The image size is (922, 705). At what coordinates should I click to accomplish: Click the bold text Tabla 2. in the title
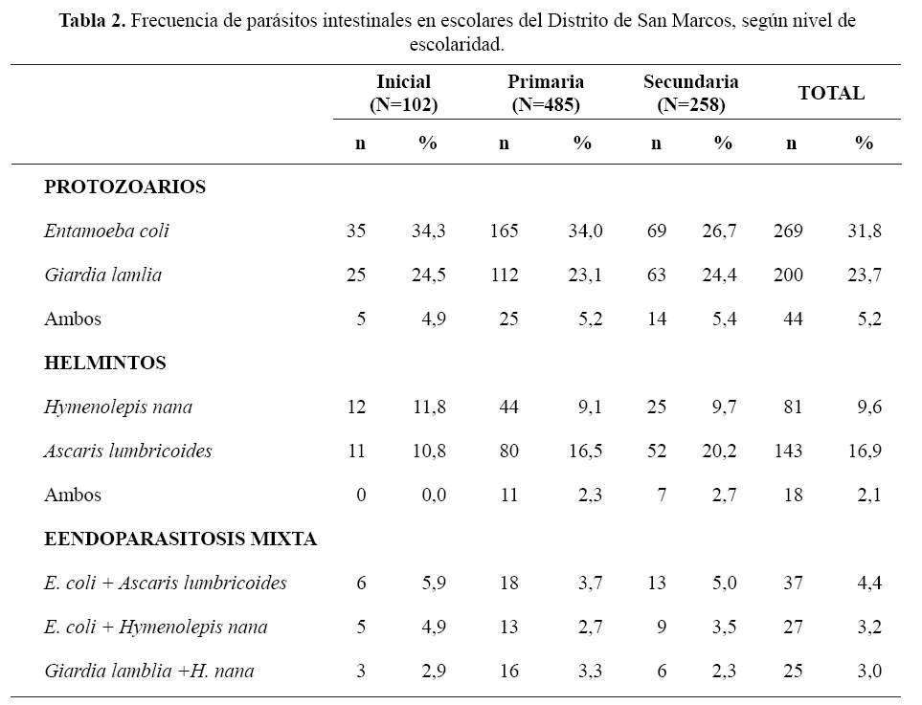click(x=93, y=21)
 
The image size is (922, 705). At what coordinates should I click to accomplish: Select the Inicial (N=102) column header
click(x=403, y=93)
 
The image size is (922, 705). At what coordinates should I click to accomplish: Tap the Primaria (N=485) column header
click(x=546, y=93)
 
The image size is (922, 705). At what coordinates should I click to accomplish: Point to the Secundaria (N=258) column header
click(x=691, y=93)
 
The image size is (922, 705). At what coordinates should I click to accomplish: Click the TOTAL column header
click(x=831, y=93)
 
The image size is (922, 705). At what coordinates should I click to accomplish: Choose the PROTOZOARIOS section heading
click(x=124, y=187)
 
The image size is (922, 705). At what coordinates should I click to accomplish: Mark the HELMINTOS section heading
click(x=105, y=363)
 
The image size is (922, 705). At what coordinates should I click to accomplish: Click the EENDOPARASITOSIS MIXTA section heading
click(x=181, y=539)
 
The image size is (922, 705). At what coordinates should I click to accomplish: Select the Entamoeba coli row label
click(x=106, y=231)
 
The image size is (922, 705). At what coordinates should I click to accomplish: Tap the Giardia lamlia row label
click(x=102, y=275)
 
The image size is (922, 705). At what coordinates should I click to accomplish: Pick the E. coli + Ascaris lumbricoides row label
click(x=166, y=583)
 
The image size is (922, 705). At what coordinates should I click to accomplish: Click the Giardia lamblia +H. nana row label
click(x=149, y=671)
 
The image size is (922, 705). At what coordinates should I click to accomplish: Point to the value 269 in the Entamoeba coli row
click(x=788, y=231)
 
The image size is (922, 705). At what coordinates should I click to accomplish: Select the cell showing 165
click(x=504, y=231)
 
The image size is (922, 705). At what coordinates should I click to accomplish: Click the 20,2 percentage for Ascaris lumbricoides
click(x=719, y=452)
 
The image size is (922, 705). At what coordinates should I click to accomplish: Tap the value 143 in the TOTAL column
click(x=788, y=452)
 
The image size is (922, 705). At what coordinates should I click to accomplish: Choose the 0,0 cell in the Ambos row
click(x=434, y=496)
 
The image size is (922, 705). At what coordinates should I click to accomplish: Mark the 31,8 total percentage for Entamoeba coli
click(x=865, y=231)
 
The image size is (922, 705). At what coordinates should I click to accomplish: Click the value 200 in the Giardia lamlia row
click(x=788, y=275)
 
